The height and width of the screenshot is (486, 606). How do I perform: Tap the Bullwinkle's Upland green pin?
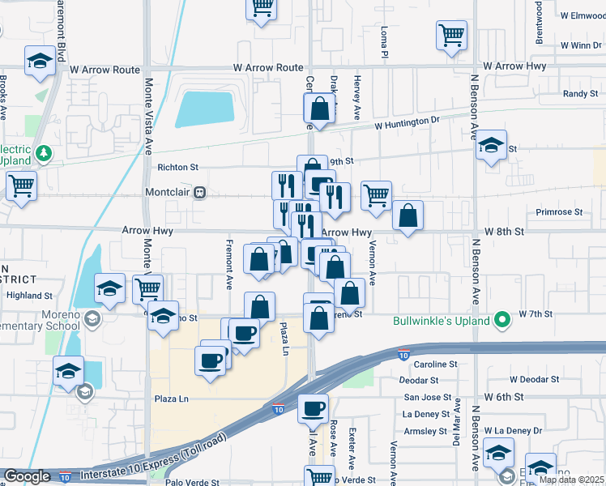pyautogui.click(x=502, y=321)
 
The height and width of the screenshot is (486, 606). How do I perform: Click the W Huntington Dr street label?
pyautogui.click(x=406, y=122)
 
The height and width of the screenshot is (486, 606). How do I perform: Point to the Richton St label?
pyautogui.click(x=177, y=168)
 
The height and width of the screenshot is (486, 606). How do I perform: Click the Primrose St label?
pyautogui.click(x=559, y=212)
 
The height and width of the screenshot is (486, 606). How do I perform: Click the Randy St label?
pyautogui.click(x=580, y=94)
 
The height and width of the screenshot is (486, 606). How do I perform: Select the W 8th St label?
pyautogui.click(x=505, y=232)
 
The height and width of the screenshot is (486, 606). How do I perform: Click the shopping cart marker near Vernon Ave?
pyautogui.click(x=376, y=195)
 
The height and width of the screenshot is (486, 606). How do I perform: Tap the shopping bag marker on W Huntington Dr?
pyautogui.click(x=320, y=108)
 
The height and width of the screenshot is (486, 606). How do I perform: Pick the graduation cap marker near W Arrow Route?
pyautogui.click(x=40, y=61)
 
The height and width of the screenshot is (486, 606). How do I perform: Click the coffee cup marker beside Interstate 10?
pyautogui.click(x=313, y=409)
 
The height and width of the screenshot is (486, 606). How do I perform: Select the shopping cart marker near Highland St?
pyautogui.click(x=147, y=288)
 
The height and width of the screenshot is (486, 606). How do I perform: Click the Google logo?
pyautogui.click(x=27, y=476)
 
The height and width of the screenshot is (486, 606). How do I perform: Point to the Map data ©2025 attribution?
pyautogui.click(x=570, y=480)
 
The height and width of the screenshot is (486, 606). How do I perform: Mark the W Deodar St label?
pyautogui.click(x=534, y=379)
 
